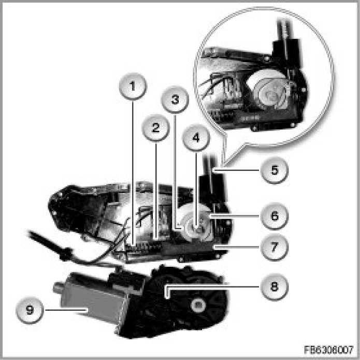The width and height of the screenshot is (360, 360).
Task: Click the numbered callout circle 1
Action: [133, 87]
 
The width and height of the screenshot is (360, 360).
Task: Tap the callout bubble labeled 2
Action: [156, 127]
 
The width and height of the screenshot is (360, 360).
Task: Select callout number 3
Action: [175, 99]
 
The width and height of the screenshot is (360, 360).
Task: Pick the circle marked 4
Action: [196, 138]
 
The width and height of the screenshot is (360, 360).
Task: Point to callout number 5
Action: [275, 170]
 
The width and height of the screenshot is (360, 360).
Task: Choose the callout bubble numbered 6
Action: [275, 216]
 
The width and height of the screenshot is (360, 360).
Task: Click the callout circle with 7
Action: [275, 247]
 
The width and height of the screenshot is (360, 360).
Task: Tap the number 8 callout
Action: [275, 286]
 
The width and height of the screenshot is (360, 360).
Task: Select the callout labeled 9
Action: [30, 310]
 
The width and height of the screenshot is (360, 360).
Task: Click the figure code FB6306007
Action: [328, 350]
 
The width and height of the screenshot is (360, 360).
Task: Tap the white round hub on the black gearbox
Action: [198, 305]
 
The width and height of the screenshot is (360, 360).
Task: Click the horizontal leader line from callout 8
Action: [213, 287]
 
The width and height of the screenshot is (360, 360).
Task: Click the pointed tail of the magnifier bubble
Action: [224, 164]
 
